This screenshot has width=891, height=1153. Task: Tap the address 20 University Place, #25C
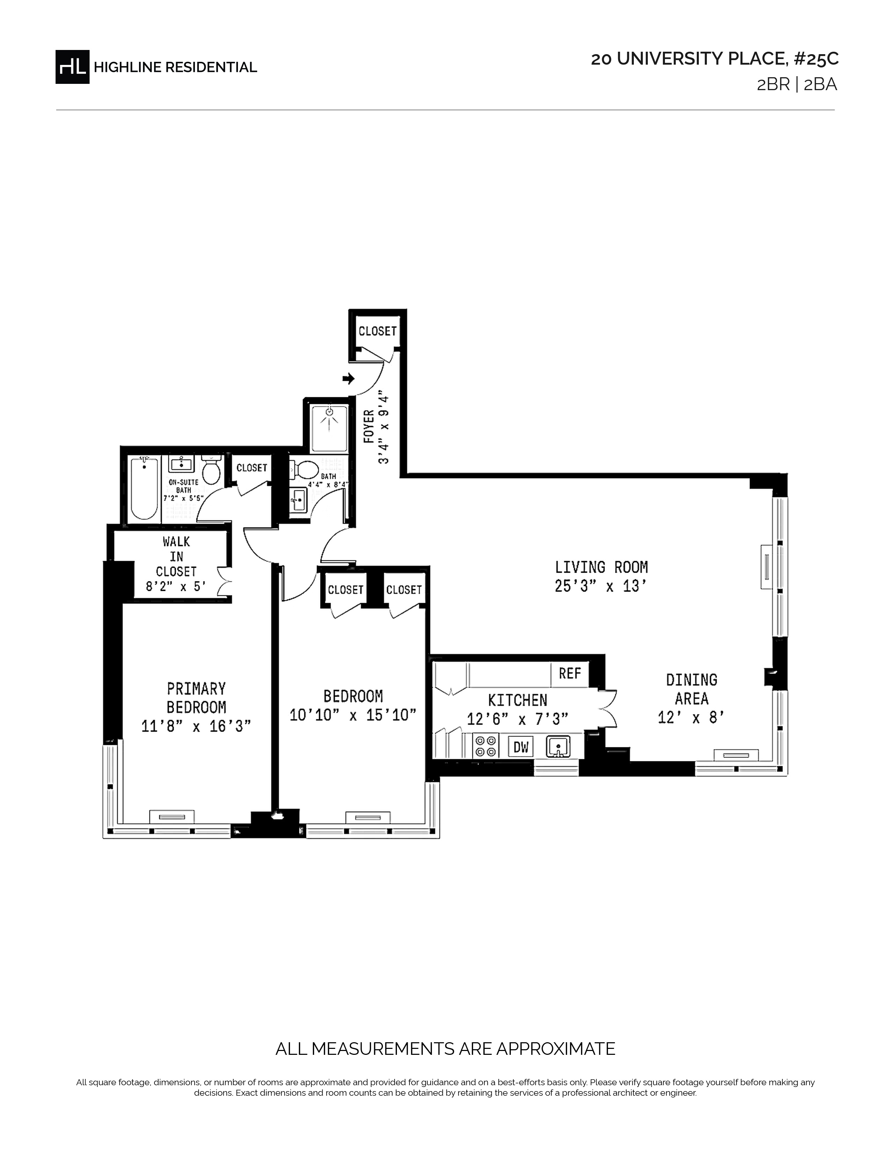715,59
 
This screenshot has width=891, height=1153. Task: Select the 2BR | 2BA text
797,85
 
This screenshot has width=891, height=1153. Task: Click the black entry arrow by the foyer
348,378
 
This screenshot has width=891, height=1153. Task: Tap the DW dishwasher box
521,747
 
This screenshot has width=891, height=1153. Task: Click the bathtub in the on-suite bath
144,489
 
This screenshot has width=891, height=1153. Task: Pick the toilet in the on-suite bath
211,470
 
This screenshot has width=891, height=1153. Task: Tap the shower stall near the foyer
330,429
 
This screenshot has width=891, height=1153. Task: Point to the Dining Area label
691,689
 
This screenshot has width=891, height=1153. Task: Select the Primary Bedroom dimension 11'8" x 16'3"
196,726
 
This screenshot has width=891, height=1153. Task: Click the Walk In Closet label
176,557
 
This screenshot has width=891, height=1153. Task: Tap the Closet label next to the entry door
377,331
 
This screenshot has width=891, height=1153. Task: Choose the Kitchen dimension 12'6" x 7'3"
517,719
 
